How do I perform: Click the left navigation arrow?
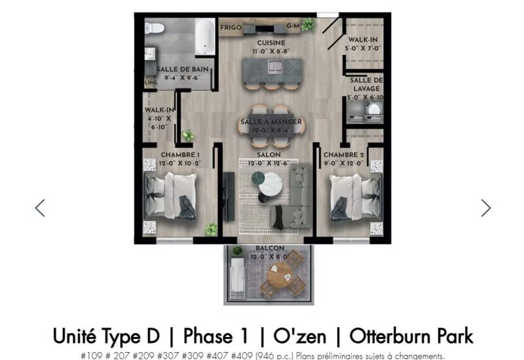40,207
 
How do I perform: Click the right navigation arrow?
485,207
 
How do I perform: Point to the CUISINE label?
271,43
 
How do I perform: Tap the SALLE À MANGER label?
271,122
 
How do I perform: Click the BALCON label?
271,249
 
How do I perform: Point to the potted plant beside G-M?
307,24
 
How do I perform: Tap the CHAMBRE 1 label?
180,155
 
